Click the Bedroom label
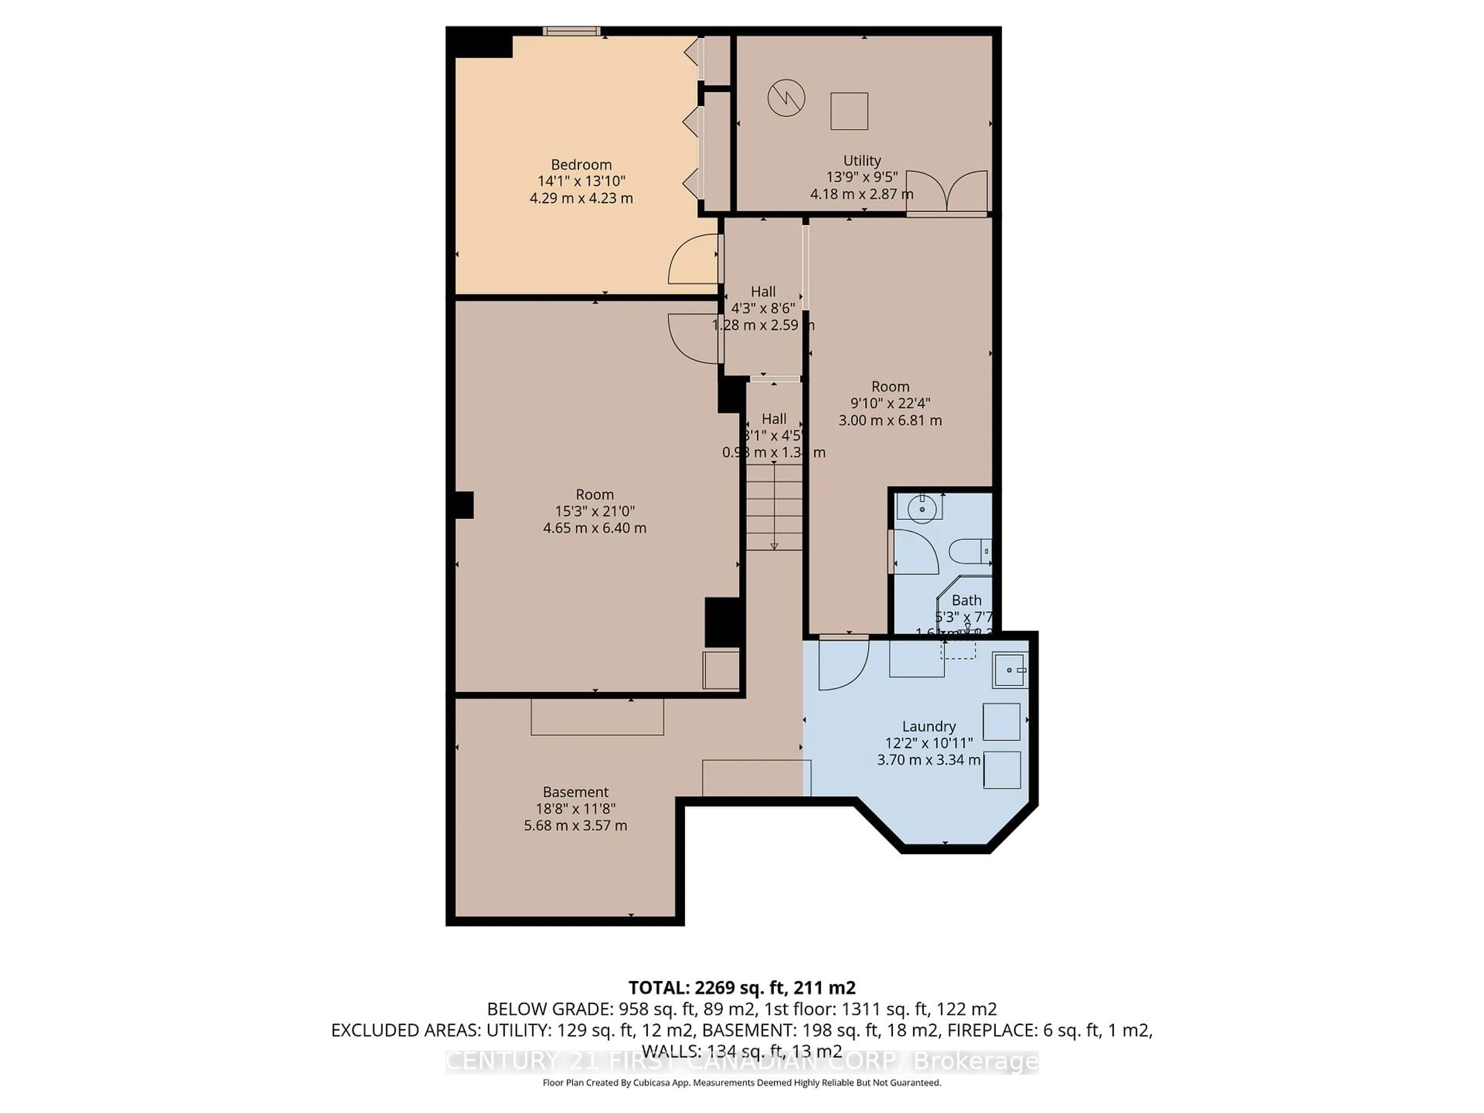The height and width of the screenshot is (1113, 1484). (581, 164)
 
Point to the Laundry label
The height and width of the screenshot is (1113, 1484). (929, 726)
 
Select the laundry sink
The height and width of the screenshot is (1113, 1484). (1010, 670)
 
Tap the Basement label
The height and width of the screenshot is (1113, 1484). (575, 791)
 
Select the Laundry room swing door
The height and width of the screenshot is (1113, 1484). (842, 664)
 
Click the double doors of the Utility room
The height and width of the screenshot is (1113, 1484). (946, 192)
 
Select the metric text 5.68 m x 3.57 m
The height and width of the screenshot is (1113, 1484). (575, 825)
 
